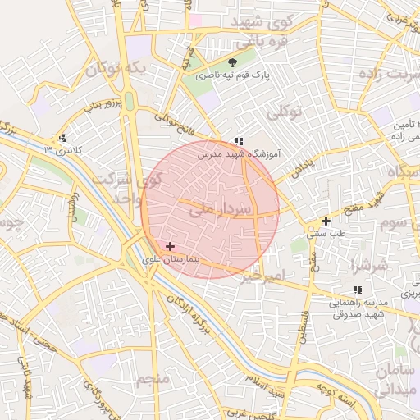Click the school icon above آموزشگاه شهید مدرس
[x=239, y=141]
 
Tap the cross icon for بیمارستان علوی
[x=170, y=246]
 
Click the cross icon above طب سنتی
[x=326, y=221]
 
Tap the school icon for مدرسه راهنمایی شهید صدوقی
[x=357, y=290]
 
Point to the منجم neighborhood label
[x=153, y=379]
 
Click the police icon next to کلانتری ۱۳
[x=62, y=138]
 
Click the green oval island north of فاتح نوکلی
[x=129, y=100]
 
